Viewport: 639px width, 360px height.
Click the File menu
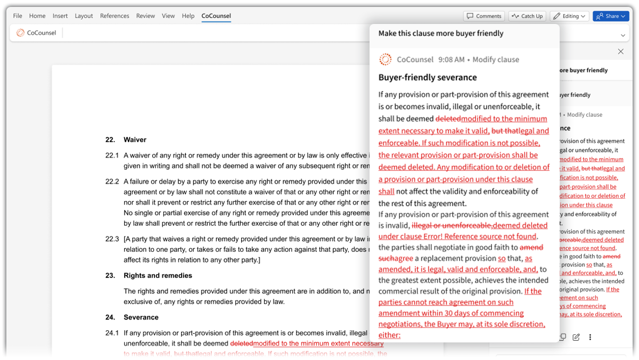[18, 16]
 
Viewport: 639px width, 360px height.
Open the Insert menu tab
[60, 16]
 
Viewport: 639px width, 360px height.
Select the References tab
[115, 16]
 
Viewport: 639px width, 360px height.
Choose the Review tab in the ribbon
[145, 16]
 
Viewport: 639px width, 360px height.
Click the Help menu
[188, 16]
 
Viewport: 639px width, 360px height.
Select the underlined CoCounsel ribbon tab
[216, 16]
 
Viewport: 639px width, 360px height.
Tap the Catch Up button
[527, 16]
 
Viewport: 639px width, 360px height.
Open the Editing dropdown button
[569, 16]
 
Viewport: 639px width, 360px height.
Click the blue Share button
[611, 16]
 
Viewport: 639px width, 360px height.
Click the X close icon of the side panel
[620, 52]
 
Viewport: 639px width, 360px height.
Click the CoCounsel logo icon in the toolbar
[20, 33]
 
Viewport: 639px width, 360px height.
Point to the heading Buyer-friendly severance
[427, 78]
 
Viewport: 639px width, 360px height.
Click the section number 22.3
[112, 239]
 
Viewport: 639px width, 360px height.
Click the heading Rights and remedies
[158, 276]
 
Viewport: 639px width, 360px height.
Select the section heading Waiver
[135, 140]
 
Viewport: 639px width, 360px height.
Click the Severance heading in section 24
[141, 317]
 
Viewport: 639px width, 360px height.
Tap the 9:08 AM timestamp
[451, 60]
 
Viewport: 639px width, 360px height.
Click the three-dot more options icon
[590, 337]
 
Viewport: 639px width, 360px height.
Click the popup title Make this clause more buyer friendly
[440, 34]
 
